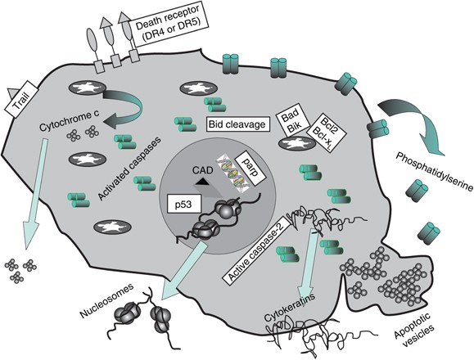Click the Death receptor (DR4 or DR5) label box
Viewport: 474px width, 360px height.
click(x=168, y=25)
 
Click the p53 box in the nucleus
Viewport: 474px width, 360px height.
click(x=184, y=205)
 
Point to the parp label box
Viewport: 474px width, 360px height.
click(x=251, y=169)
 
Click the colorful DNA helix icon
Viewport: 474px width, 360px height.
click(x=232, y=172)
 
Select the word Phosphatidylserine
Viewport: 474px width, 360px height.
click(x=434, y=171)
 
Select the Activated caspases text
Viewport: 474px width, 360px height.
click(x=129, y=169)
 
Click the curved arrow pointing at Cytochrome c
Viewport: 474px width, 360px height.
click(x=125, y=107)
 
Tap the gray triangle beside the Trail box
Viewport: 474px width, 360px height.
click(x=12, y=92)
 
